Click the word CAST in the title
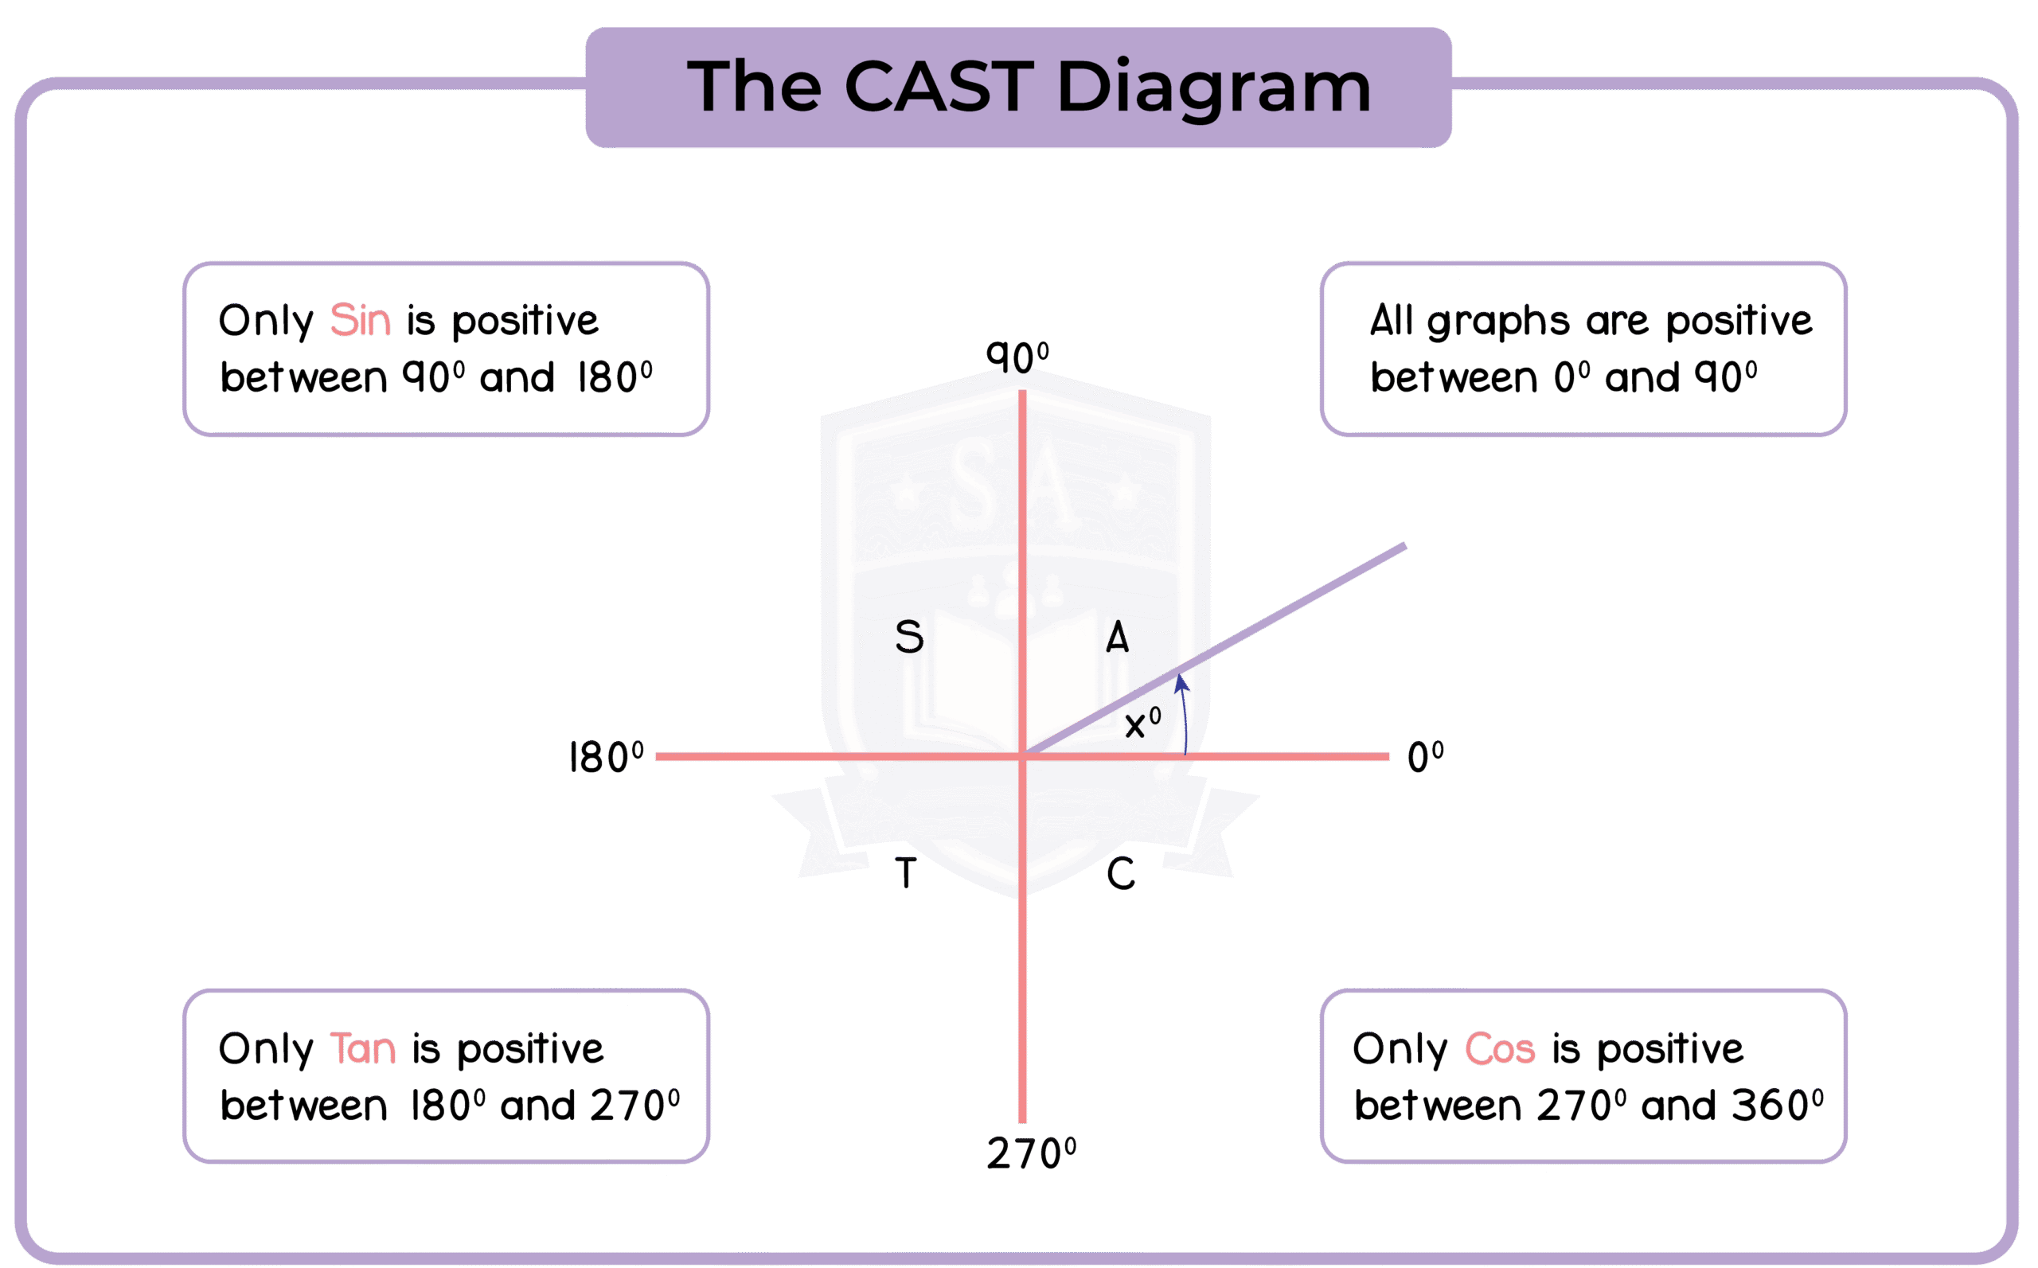pyautogui.click(x=939, y=87)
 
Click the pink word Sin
pyautogui.click(x=360, y=320)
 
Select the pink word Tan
pyautogui.click(x=362, y=1048)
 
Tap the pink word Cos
pyautogui.click(x=1500, y=1048)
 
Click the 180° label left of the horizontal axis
pyautogui.click(x=606, y=757)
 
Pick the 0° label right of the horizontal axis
pyautogui.click(x=1425, y=757)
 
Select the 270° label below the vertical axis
pyautogui.click(x=1031, y=1153)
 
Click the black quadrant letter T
pyautogui.click(x=906, y=874)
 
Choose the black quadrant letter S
pyautogui.click(x=909, y=638)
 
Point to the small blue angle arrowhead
pyautogui.click(x=1181, y=685)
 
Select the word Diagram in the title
pyautogui.click(x=1213, y=88)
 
